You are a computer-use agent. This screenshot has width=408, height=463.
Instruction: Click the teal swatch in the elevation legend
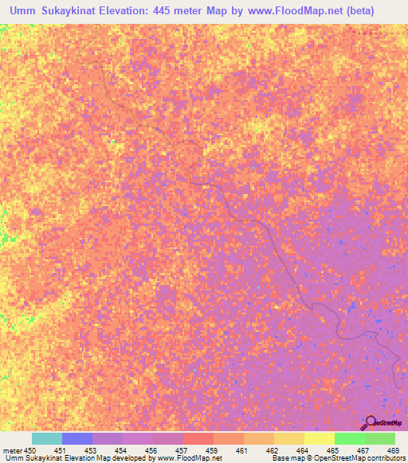(x=47, y=438)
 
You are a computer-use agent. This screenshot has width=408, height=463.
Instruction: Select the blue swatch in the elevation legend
(x=77, y=438)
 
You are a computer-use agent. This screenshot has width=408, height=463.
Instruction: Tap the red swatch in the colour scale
(x=198, y=438)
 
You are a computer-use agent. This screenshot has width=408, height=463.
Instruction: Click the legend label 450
(x=29, y=449)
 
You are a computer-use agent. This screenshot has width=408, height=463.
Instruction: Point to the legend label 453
(x=93, y=449)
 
